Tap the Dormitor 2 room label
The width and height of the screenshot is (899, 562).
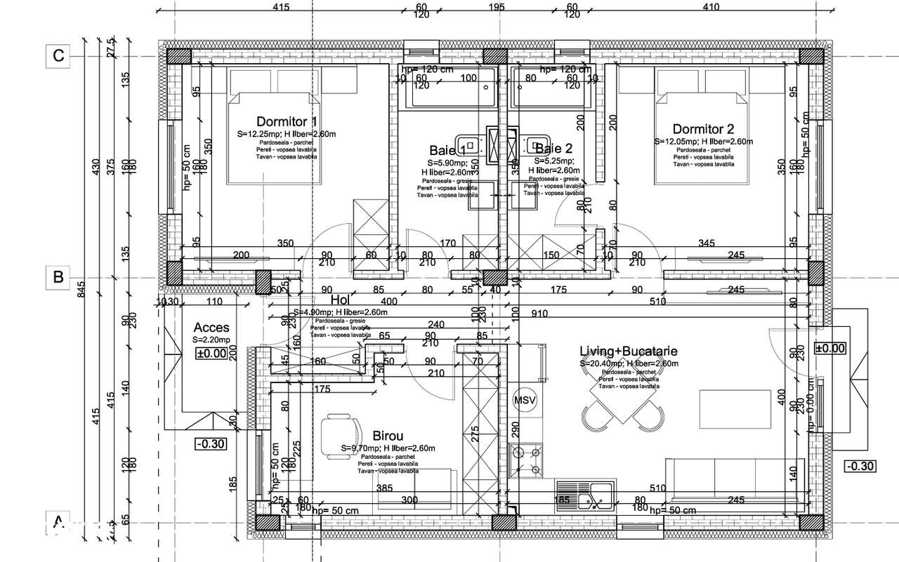tap(703, 129)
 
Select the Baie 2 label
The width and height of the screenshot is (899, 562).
tap(554, 148)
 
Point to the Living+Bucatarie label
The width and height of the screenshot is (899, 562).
tap(629, 351)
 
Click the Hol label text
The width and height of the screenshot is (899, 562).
tap(340, 301)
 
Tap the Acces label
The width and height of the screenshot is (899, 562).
tap(211, 328)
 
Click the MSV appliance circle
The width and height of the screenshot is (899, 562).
tap(525, 401)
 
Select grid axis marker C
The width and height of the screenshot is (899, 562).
tap(59, 55)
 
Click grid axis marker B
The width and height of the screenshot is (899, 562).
tap(59, 277)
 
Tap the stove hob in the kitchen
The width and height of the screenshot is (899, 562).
tap(525, 460)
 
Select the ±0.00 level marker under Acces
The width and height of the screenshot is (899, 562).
tap(211, 353)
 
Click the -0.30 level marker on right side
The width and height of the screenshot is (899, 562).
tap(860, 466)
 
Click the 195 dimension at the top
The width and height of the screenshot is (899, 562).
tap(496, 8)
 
